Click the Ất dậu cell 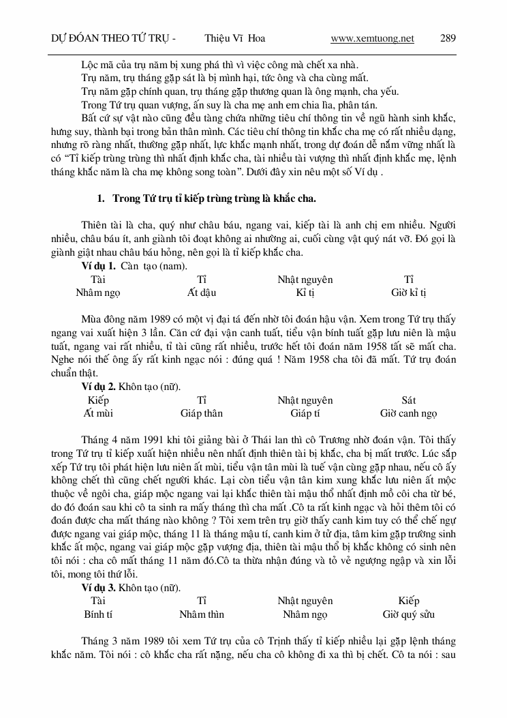tap(202, 293)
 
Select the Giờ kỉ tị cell tap(408, 293)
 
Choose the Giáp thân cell tap(202, 413)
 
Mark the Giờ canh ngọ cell tap(408, 413)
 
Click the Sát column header tap(408, 400)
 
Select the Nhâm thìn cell tap(202, 614)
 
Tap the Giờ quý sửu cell tap(408, 614)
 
